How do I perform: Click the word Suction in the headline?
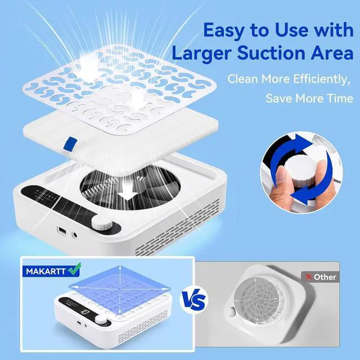click(x=272, y=53)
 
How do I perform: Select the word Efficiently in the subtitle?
click(x=322, y=79)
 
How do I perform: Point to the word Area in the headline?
click(x=332, y=53)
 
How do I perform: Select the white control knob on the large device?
click(x=102, y=222)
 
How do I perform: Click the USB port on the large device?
click(x=62, y=231)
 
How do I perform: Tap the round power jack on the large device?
click(x=75, y=235)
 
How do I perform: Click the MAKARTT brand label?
click(x=46, y=271)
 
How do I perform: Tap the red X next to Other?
click(x=308, y=277)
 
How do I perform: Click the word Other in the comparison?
click(x=325, y=277)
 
